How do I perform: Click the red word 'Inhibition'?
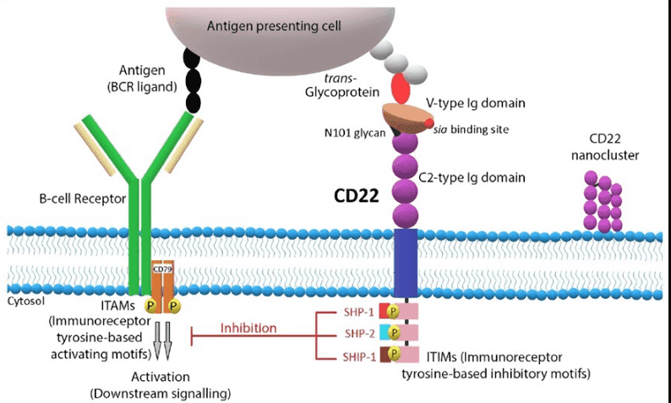248,327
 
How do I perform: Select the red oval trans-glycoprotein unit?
401,86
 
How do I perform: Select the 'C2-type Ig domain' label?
472,177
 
